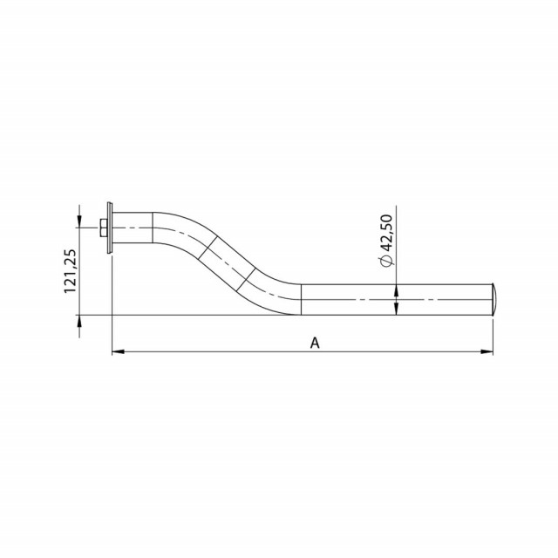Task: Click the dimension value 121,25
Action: tap(70, 271)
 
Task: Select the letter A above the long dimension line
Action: tap(315, 343)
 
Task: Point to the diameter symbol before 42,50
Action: tap(387, 261)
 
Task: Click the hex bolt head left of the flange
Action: tap(103, 228)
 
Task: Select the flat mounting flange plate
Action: tap(109, 228)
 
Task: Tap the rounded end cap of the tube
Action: tap(493, 299)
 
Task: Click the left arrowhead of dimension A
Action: tap(119, 351)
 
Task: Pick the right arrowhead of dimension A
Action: tap(487, 351)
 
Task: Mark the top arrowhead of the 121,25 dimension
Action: tap(79, 221)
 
